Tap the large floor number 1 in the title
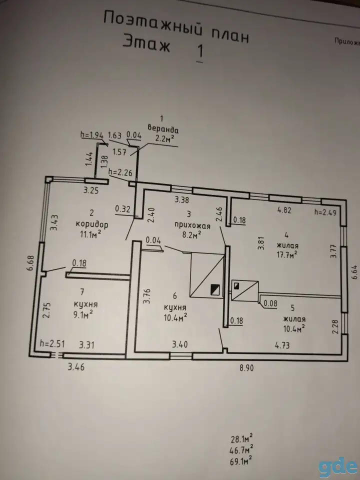click(x=200, y=51)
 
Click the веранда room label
click(x=163, y=128)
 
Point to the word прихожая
click(x=192, y=225)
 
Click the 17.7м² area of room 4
click(x=287, y=254)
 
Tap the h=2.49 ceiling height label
click(x=325, y=212)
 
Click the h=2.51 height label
click(x=52, y=344)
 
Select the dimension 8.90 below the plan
click(x=246, y=367)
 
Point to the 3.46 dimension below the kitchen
click(x=76, y=366)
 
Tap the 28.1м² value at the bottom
click(x=241, y=439)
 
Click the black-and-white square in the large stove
click(x=215, y=289)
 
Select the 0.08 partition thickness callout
click(x=270, y=303)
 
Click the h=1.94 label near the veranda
click(x=92, y=135)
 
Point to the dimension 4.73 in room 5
click(x=282, y=345)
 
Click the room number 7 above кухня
click(x=81, y=292)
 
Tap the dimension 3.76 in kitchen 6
click(x=147, y=295)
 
